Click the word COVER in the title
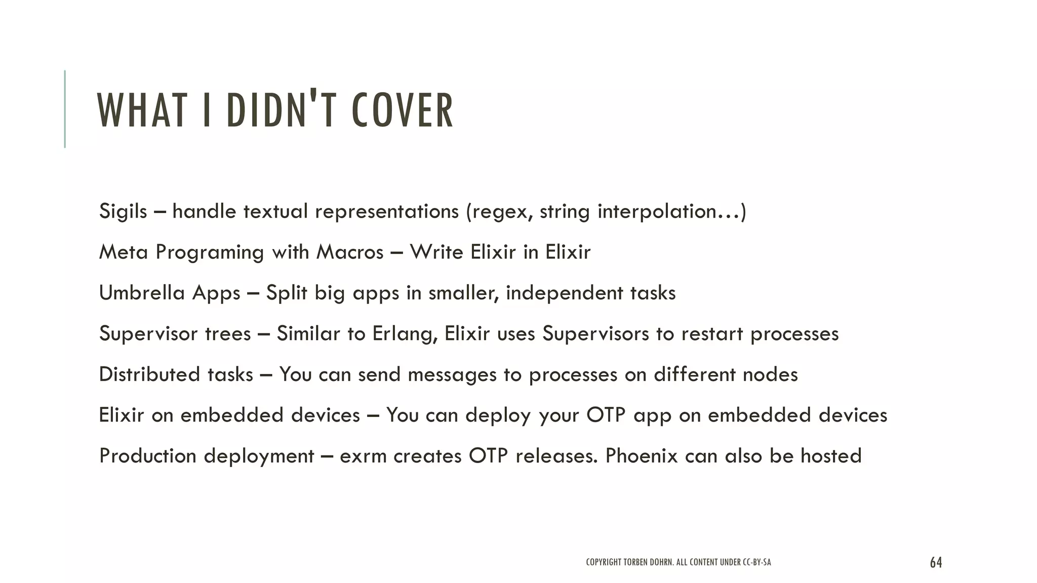(403, 110)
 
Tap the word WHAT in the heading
(141, 110)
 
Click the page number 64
(936, 562)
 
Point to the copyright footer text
(678, 562)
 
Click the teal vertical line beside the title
(65, 109)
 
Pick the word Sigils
(123, 211)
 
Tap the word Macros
(350, 252)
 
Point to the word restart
(711, 334)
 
